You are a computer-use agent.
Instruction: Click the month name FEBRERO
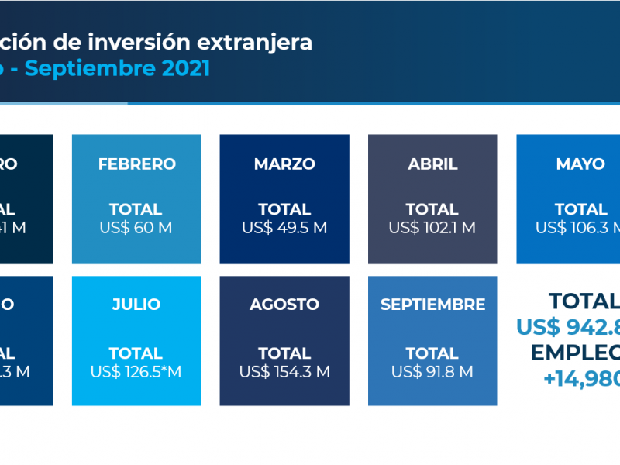[x=136, y=164]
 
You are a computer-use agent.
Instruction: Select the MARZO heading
[x=284, y=164]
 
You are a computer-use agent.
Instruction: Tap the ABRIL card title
[x=432, y=164]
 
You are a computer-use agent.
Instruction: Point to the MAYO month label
[x=580, y=164]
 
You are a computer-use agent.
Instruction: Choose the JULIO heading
[x=136, y=305]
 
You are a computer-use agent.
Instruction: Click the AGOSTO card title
[x=284, y=305]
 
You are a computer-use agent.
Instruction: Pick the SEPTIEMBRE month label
[x=432, y=305]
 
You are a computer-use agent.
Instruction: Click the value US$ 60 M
[x=136, y=228]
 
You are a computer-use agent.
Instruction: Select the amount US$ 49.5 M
[x=284, y=228]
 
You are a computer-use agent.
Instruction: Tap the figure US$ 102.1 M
[x=432, y=228]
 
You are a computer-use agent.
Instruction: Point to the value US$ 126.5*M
[x=136, y=372]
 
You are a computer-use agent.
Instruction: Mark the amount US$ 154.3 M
[x=284, y=372]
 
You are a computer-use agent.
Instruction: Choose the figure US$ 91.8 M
[x=432, y=372]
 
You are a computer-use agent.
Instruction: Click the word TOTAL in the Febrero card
[x=136, y=209]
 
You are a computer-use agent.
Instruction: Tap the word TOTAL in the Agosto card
[x=284, y=353]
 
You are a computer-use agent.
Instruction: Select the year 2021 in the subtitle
[x=187, y=68]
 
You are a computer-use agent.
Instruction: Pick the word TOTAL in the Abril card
[x=432, y=209]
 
